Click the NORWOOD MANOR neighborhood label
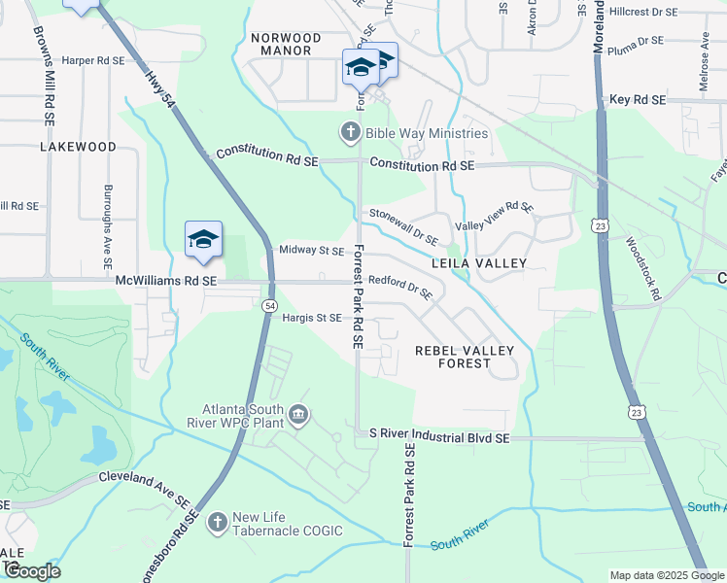click(x=281, y=44)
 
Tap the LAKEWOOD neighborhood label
click(x=78, y=147)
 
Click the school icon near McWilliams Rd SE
click(x=204, y=240)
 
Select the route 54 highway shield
click(x=268, y=305)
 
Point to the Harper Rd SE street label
click(x=93, y=59)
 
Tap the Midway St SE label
click(x=311, y=251)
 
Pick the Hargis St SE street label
click(x=311, y=318)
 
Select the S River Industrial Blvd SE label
click(x=433, y=439)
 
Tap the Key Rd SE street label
click(x=638, y=100)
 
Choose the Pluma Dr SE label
click(x=636, y=42)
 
